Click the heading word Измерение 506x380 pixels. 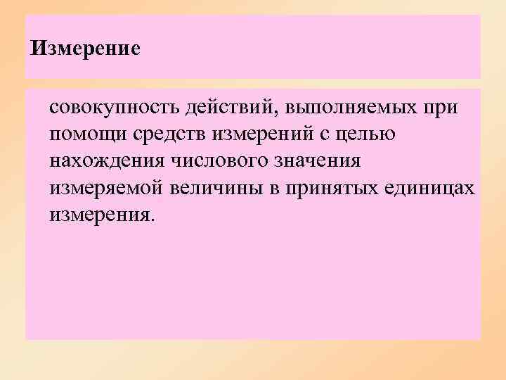coord(86,49)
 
